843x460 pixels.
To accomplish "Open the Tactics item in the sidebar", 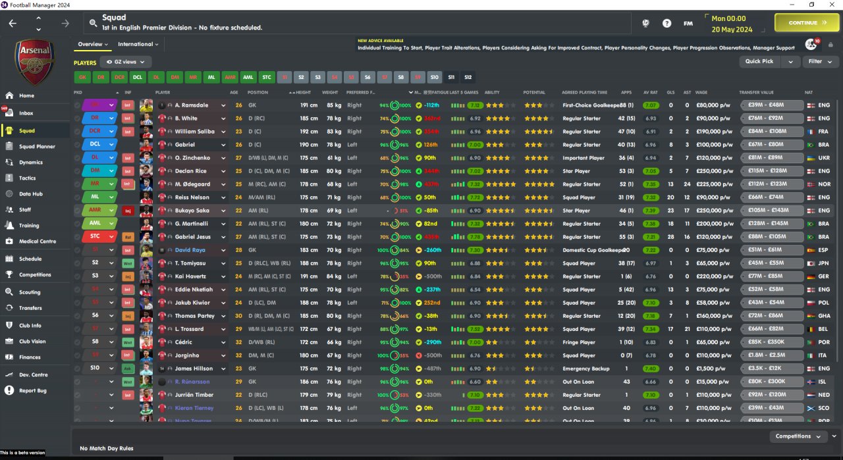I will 28,178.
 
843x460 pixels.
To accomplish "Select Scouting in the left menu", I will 30,292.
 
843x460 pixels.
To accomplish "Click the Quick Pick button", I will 759,61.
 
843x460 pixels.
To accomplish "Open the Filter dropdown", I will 819,61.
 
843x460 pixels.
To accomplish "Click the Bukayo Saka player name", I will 194,211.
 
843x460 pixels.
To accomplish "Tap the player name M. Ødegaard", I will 193,184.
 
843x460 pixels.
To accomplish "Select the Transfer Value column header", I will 757,92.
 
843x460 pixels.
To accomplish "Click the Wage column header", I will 701,92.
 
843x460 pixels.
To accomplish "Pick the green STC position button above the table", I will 266,77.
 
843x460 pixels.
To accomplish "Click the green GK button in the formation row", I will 82,77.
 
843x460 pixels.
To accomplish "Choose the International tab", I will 137,44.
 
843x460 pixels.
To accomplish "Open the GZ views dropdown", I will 128,62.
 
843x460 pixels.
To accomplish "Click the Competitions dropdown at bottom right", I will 798,436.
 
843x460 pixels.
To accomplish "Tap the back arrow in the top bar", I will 13,23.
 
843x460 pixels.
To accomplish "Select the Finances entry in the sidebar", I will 30,357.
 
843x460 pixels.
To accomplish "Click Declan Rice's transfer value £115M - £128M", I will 771,171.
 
